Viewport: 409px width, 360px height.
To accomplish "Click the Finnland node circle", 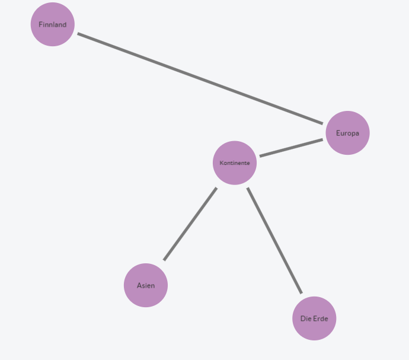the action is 53,24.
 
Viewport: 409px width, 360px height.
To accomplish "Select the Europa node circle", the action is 348,133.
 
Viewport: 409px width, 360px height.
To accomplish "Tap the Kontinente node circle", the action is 235,163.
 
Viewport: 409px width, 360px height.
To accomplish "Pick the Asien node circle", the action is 146,285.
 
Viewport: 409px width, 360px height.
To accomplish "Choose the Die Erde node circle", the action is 314,318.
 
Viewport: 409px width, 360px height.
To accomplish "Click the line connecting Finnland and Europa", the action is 200,78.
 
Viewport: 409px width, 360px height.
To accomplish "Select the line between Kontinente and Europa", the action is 291,148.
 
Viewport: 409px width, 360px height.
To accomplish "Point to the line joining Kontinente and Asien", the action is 190,224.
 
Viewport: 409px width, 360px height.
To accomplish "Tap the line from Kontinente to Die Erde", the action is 274,240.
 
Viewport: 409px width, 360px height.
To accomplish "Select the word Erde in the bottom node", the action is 321,318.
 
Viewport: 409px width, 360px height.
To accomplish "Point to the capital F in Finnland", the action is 40,24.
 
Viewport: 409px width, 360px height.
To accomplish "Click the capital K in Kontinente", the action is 221,163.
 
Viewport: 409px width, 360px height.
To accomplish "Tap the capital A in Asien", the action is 139,285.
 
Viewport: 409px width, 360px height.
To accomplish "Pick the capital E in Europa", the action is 338,133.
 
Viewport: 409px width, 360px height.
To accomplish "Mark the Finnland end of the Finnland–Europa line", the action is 78,34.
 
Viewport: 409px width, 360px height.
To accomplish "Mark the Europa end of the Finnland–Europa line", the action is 322,123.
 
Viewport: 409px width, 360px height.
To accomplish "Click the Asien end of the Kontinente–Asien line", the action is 164,260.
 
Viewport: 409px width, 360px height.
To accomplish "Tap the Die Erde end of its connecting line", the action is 302,294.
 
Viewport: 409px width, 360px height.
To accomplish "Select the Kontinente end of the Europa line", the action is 260,157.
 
